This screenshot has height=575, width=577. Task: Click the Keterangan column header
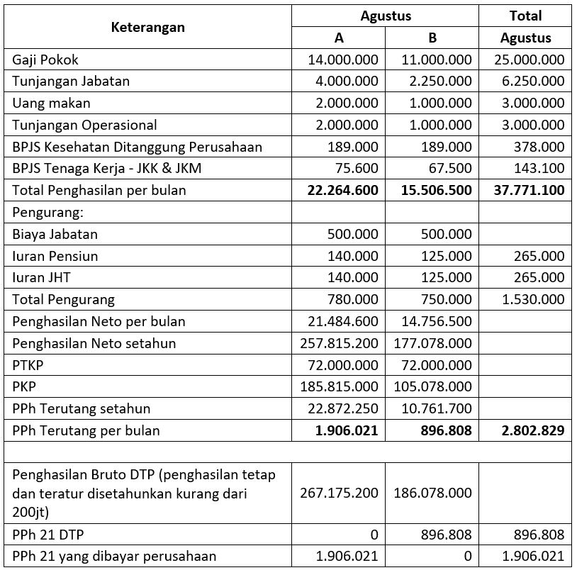(148, 27)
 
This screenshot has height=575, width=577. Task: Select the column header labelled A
(339, 38)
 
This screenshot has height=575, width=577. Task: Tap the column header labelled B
(432, 38)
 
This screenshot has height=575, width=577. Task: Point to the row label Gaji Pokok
(45, 60)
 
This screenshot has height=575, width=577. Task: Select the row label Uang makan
(51, 103)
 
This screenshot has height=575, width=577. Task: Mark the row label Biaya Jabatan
(55, 234)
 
